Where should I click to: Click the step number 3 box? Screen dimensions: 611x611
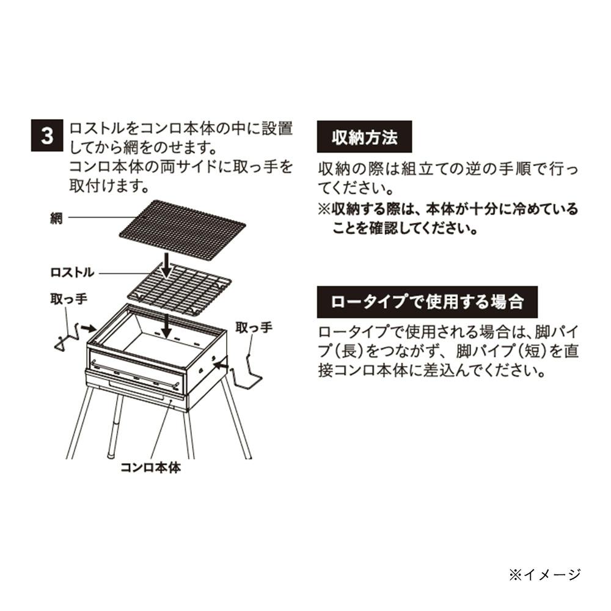pos(47,135)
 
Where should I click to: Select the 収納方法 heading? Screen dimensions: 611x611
pos(364,137)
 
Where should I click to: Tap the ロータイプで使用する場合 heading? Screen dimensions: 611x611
pos(427,302)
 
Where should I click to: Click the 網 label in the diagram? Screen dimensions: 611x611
pos(56,218)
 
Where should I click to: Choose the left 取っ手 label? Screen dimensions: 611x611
pos(68,299)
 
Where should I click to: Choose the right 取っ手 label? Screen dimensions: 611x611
pos(254,327)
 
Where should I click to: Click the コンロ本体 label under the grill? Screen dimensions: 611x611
pos(151,467)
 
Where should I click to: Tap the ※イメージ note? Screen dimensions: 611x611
pos(545,575)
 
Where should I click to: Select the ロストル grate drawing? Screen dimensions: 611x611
pos(180,288)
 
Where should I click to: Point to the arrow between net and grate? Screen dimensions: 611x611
pos(167,265)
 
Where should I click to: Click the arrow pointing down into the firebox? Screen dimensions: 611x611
pos(167,326)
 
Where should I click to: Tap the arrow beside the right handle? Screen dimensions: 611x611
pos(221,365)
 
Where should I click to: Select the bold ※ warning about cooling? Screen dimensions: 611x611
pos(448,219)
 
